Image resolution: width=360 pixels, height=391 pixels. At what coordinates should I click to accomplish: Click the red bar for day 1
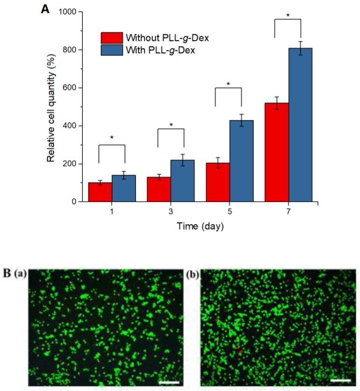coord(100,192)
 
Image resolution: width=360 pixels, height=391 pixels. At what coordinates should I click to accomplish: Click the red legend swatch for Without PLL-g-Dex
coord(112,38)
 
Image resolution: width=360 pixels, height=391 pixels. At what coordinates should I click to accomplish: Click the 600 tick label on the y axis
coord(70,88)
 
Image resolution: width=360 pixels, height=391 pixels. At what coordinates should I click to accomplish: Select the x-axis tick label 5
coord(229,212)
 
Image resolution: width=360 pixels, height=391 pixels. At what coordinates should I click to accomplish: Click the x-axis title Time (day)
coord(200,227)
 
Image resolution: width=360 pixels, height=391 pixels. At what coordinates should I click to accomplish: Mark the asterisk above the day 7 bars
coord(288,15)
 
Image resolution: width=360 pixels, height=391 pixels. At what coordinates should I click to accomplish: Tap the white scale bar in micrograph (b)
coord(340,380)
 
